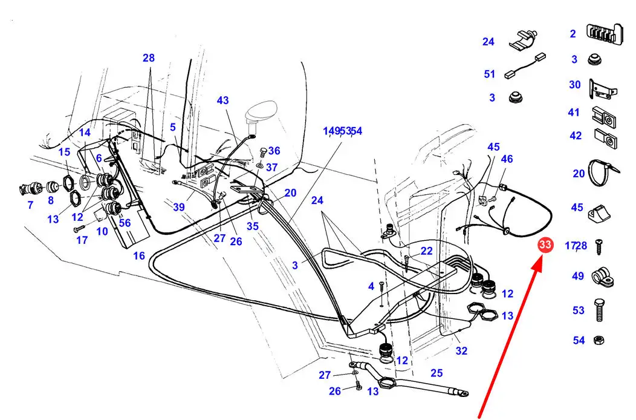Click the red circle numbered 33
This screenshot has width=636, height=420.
click(x=545, y=245)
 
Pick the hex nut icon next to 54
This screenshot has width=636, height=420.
click(x=599, y=340)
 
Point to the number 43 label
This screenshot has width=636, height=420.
click(x=222, y=100)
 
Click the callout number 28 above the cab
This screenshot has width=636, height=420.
click(x=149, y=58)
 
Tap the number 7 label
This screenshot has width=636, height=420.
click(x=30, y=205)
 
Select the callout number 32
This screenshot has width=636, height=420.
click(x=462, y=351)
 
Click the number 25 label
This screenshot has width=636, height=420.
click(x=436, y=373)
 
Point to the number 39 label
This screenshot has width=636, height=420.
click(x=179, y=207)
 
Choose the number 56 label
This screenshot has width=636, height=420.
click(x=125, y=223)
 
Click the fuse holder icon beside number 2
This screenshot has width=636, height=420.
click(x=605, y=34)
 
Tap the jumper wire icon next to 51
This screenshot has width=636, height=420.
click(x=525, y=66)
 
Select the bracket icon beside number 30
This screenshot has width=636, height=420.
click(x=603, y=90)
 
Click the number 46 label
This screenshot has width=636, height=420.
click(x=507, y=159)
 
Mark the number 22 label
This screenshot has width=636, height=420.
click(x=426, y=251)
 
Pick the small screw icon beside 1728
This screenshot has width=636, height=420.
click(x=599, y=247)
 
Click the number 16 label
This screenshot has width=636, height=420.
click(x=138, y=255)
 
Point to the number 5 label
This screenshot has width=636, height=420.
click(x=173, y=127)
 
